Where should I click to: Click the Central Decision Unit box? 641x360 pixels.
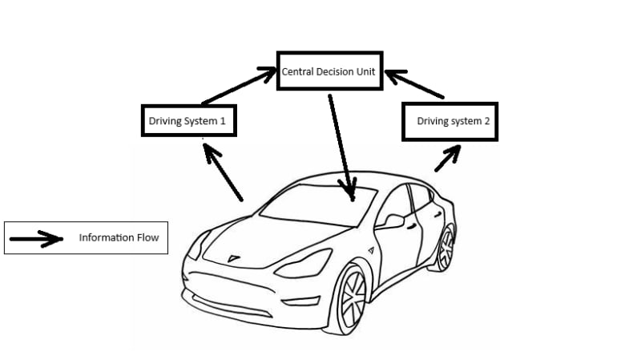(329, 71)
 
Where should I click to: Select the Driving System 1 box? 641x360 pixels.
(188, 121)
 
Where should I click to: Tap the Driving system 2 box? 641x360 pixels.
(449, 121)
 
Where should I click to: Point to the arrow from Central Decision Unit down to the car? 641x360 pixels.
(341, 144)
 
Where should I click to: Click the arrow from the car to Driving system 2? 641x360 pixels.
(447, 158)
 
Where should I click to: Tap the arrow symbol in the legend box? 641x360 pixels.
(37, 238)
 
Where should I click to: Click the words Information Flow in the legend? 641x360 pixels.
(119, 237)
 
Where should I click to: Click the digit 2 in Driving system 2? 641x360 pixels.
(485, 122)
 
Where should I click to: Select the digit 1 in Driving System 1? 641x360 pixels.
(223, 122)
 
